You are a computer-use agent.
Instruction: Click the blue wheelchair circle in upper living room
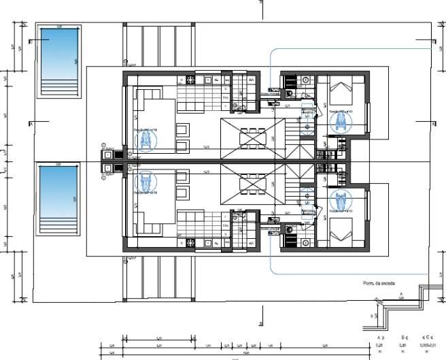tap(145, 140)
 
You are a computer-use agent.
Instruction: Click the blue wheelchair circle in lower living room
tap(145, 182)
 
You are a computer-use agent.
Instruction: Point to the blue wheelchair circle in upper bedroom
tap(339, 122)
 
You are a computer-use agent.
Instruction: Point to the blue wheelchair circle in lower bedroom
tap(339, 201)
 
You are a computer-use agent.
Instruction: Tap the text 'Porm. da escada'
tap(379, 282)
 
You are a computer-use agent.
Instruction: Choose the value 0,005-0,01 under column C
tap(428, 344)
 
